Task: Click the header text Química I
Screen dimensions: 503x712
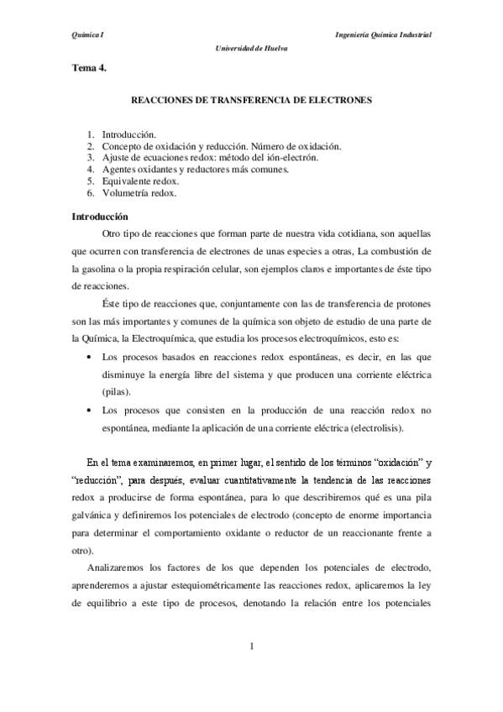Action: (87, 35)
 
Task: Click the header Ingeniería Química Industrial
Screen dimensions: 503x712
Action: (383, 35)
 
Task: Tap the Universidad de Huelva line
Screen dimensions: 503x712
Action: (251, 48)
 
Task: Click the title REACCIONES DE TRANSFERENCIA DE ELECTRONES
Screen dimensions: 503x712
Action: (252, 99)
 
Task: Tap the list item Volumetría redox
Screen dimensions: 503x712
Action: (139, 192)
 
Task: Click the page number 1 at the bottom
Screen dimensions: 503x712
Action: (251, 646)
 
